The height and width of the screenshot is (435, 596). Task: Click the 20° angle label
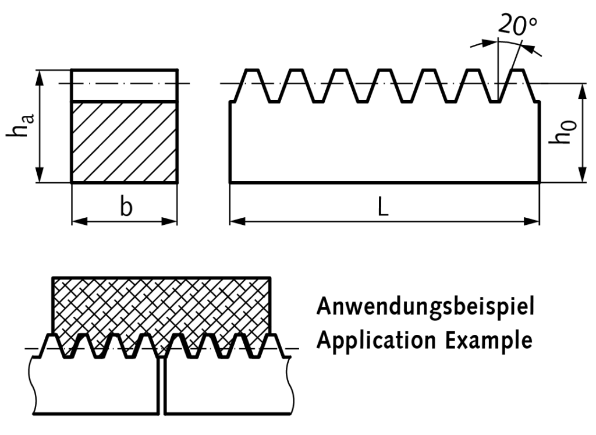coord(518,25)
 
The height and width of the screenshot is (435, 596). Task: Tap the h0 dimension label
coord(563,133)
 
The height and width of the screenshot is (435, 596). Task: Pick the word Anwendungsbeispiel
coord(424,307)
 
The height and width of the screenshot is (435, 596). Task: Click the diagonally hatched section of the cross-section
coord(124,142)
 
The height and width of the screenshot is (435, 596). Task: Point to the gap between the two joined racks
coord(161,384)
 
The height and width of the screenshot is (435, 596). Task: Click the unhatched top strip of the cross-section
coord(124,85)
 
